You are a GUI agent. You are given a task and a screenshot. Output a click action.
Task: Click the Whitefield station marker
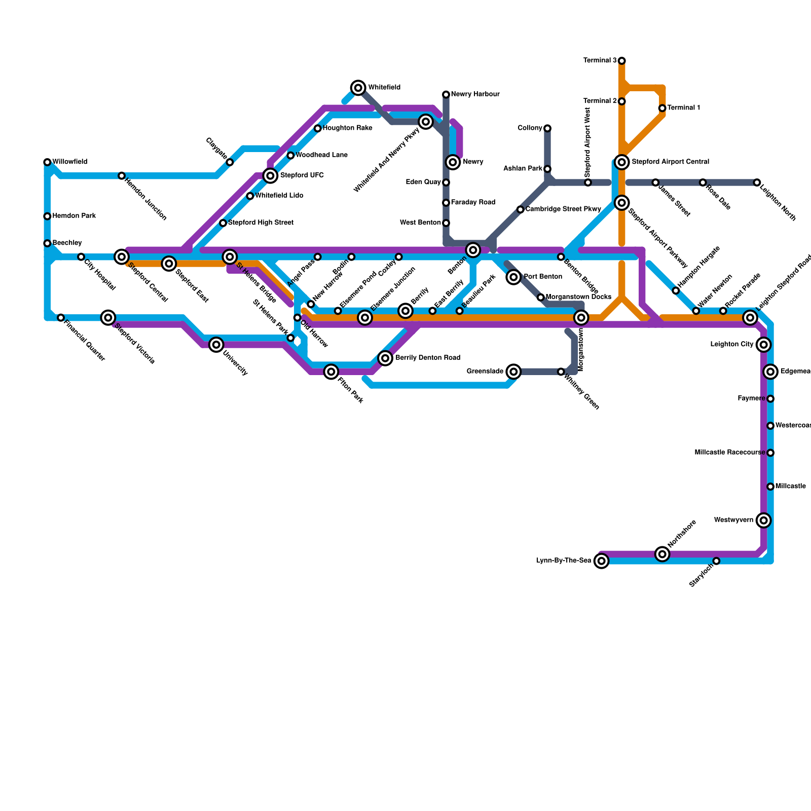[358, 88]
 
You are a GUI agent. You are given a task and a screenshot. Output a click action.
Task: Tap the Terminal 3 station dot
[621, 61]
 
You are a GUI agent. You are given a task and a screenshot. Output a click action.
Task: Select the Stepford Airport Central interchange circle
[622, 162]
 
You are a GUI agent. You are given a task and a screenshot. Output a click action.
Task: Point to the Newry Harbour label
[475, 94]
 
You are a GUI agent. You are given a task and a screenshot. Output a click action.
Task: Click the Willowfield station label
[70, 162]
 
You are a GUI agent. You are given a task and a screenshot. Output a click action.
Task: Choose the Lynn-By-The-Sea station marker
[601, 561]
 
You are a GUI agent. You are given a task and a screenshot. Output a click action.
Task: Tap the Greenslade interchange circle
[513, 372]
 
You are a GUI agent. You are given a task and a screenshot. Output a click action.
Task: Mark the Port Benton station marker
[513, 277]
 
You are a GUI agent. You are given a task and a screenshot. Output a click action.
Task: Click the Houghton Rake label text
[347, 128]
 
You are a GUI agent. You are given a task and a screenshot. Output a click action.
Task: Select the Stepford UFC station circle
[271, 175]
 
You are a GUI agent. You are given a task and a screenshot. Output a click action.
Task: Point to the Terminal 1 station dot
[662, 108]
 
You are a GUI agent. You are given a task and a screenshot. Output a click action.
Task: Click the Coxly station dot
[399, 257]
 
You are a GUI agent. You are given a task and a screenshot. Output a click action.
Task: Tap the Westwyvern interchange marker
[763, 520]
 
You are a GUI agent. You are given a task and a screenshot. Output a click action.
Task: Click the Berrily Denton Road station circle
[385, 358]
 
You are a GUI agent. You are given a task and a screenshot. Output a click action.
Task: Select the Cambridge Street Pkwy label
[563, 209]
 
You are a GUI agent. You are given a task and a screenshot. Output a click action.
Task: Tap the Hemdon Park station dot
[47, 216]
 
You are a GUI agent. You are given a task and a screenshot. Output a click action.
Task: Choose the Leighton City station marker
[763, 345]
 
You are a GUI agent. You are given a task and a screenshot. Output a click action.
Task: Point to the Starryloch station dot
[716, 561]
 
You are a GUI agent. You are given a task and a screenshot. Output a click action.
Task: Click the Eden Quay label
[423, 182]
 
